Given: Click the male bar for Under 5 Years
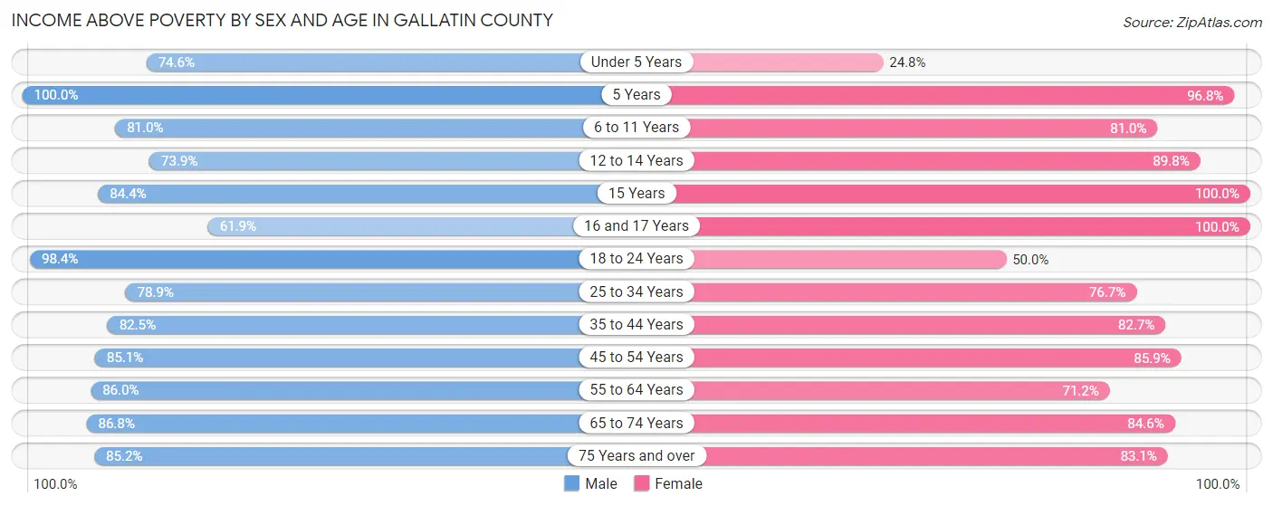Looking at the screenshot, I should click(x=362, y=62).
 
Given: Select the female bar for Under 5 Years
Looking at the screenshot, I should click(x=788, y=62).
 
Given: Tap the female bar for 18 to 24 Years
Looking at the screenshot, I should click(x=851, y=259).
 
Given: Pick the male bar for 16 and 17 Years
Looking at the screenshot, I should click(x=398, y=226).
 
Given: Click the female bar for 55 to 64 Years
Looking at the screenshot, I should click(x=896, y=390).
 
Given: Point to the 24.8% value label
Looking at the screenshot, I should click(x=907, y=62).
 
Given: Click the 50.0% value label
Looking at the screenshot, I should click(x=1030, y=259).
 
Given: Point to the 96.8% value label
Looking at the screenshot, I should click(x=1205, y=95).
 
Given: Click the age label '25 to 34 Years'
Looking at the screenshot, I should click(x=636, y=291).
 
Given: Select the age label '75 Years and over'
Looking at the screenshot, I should click(x=636, y=455).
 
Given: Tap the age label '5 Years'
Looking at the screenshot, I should click(x=636, y=95).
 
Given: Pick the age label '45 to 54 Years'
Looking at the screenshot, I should click(x=636, y=358).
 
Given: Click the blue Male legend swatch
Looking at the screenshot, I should click(x=572, y=484).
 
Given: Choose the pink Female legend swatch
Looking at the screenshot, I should click(x=642, y=484).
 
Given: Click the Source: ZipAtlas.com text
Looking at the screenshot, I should click(x=1192, y=21).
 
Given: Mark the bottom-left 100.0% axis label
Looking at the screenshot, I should click(x=56, y=484).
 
